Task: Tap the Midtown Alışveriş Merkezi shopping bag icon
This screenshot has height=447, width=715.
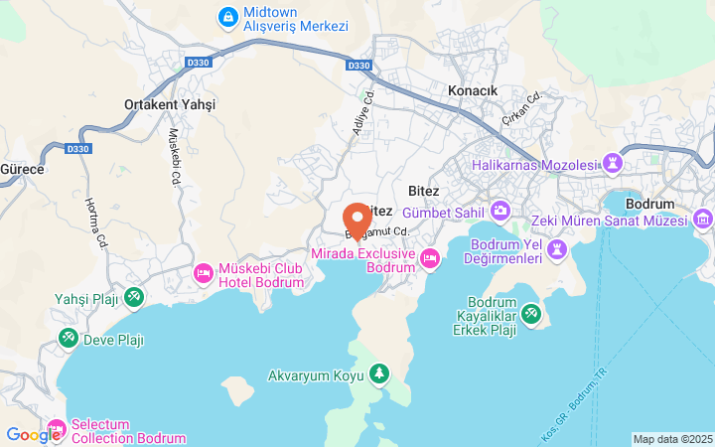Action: pyautogui.click(x=228, y=17)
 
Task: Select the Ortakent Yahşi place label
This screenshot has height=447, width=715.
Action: pyautogui.click(x=170, y=104)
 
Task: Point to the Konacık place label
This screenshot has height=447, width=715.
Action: pyautogui.click(x=473, y=89)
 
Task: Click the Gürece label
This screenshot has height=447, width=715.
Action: pyautogui.click(x=22, y=169)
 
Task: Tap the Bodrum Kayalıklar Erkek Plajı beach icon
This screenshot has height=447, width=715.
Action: pyautogui.click(x=531, y=315)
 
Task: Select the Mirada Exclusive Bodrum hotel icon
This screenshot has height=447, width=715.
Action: pyautogui.click(x=430, y=258)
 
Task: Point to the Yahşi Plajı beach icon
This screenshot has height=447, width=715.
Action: pyautogui.click(x=133, y=296)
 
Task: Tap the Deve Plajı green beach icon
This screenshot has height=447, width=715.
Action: pyautogui.click(x=69, y=339)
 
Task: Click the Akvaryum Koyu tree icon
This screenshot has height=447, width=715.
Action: pyautogui.click(x=377, y=374)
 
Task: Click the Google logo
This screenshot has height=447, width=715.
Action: pyautogui.click(x=33, y=434)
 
